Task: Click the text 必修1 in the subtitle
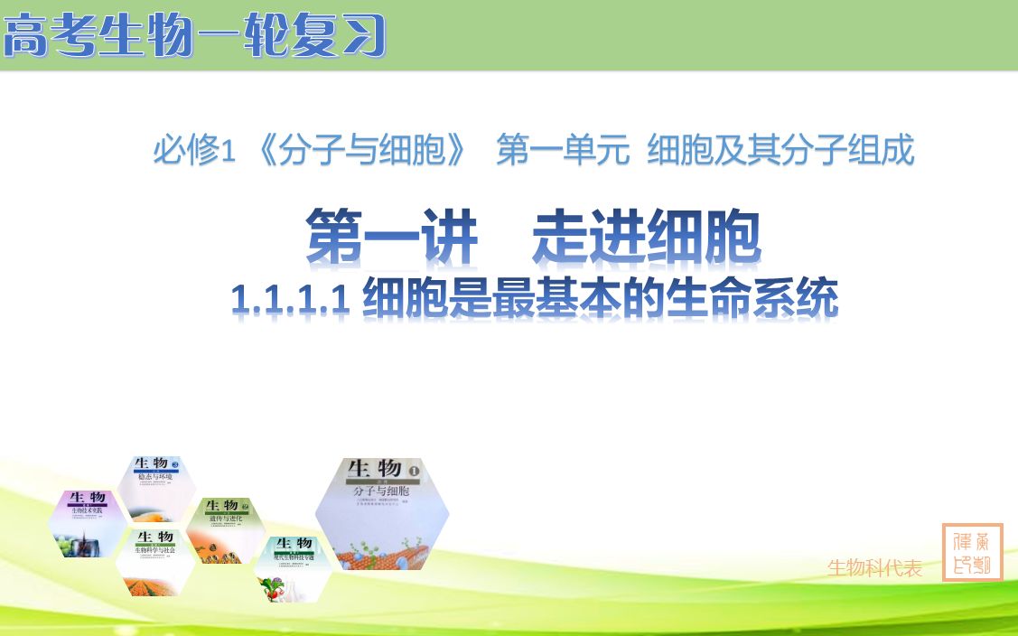tap(193, 150)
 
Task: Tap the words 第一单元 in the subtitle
tap(562, 150)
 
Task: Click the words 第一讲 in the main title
tap(391, 238)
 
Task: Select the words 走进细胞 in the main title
tap(647, 238)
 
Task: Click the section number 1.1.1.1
tap(290, 298)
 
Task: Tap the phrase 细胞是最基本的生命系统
tap(600, 298)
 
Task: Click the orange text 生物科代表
tap(874, 568)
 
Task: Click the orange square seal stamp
tap(972, 552)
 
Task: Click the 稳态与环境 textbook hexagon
tap(157, 489)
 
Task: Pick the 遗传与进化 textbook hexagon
tap(225, 529)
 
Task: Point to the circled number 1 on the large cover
tap(415, 471)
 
